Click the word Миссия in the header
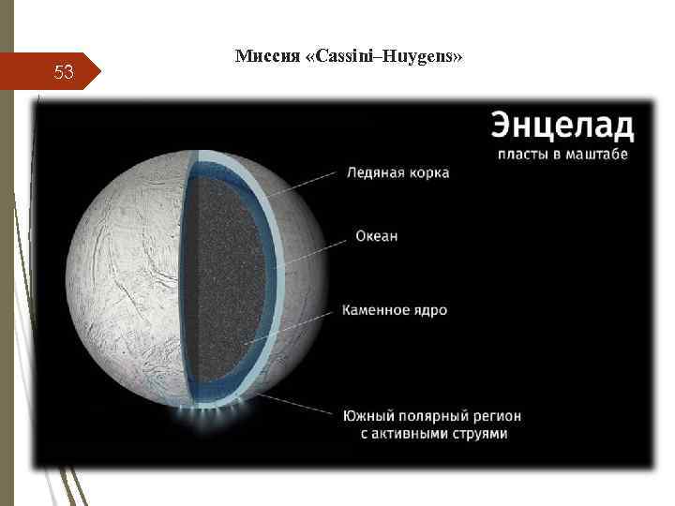pyautogui.click(x=266, y=57)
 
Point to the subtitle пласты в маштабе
pyautogui.click(x=562, y=154)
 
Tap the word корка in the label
pyautogui.click(x=427, y=173)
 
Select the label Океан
pyautogui.click(x=376, y=236)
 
